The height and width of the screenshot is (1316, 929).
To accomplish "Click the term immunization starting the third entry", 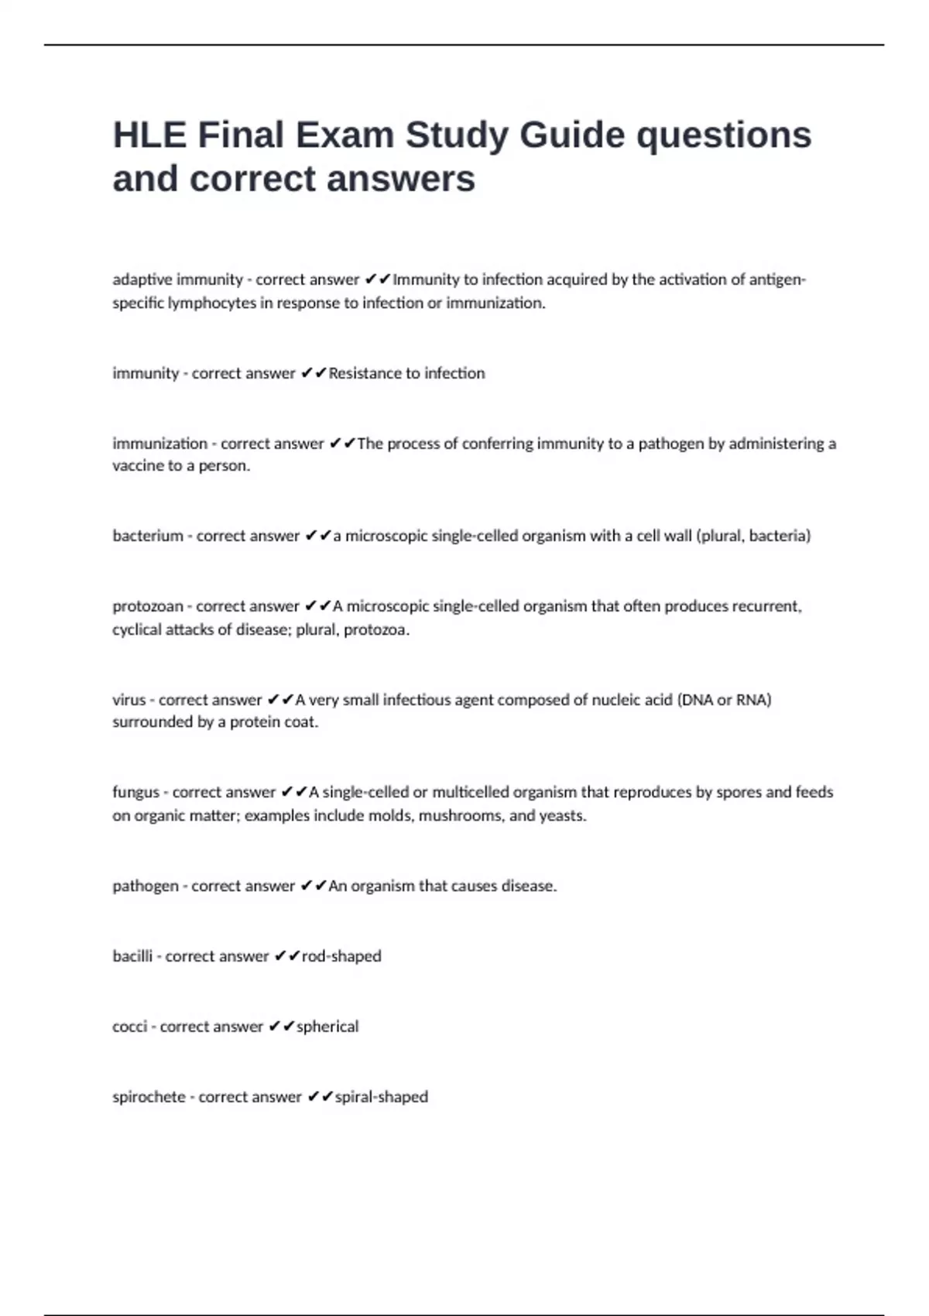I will [160, 444].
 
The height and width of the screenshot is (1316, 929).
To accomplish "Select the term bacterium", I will [148, 536].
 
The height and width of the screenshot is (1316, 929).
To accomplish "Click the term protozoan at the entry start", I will [148, 606].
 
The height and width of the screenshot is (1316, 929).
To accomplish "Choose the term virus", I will [129, 700].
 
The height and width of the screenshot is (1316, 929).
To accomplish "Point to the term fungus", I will [135, 792].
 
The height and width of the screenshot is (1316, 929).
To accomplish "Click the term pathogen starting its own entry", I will [146, 886].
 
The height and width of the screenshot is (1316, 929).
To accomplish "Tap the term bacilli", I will [132, 956].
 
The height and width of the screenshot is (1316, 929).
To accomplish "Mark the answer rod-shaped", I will [341, 956].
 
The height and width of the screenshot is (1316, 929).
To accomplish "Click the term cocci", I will [129, 1026].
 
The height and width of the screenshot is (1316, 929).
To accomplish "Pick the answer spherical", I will [327, 1026].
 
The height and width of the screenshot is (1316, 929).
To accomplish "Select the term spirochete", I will [149, 1097].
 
